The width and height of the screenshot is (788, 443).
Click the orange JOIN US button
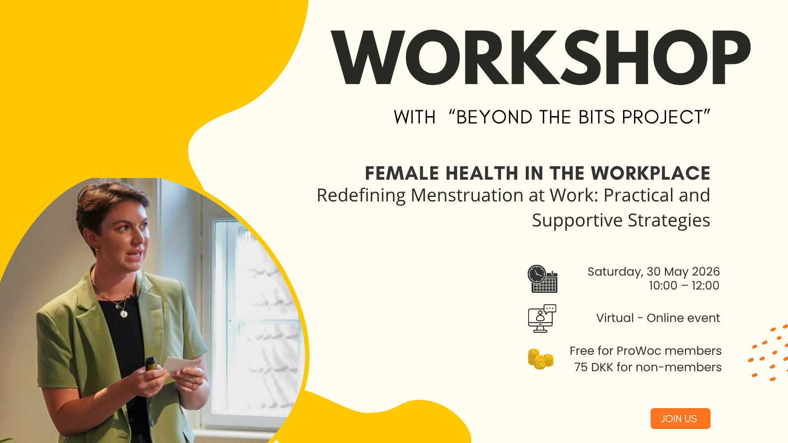[x=680, y=418]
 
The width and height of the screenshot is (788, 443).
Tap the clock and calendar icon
[x=542, y=279]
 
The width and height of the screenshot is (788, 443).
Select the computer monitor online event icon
[x=542, y=318]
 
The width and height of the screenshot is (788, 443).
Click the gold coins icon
[x=541, y=359]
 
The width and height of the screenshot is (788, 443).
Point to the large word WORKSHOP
[x=541, y=57]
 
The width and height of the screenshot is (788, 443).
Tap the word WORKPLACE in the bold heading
[x=651, y=173]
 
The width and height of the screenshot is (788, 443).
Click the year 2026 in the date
[x=706, y=272]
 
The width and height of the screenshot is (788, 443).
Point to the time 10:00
[x=663, y=285]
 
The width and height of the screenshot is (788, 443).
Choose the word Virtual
[x=615, y=318]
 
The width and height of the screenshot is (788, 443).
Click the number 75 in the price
[x=581, y=367]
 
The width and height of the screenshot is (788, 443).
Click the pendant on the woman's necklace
[x=124, y=314]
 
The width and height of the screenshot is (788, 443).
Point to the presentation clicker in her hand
[x=151, y=363]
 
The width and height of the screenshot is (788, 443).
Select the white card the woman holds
[x=181, y=364]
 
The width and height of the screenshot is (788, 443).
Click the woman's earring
[x=97, y=249]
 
